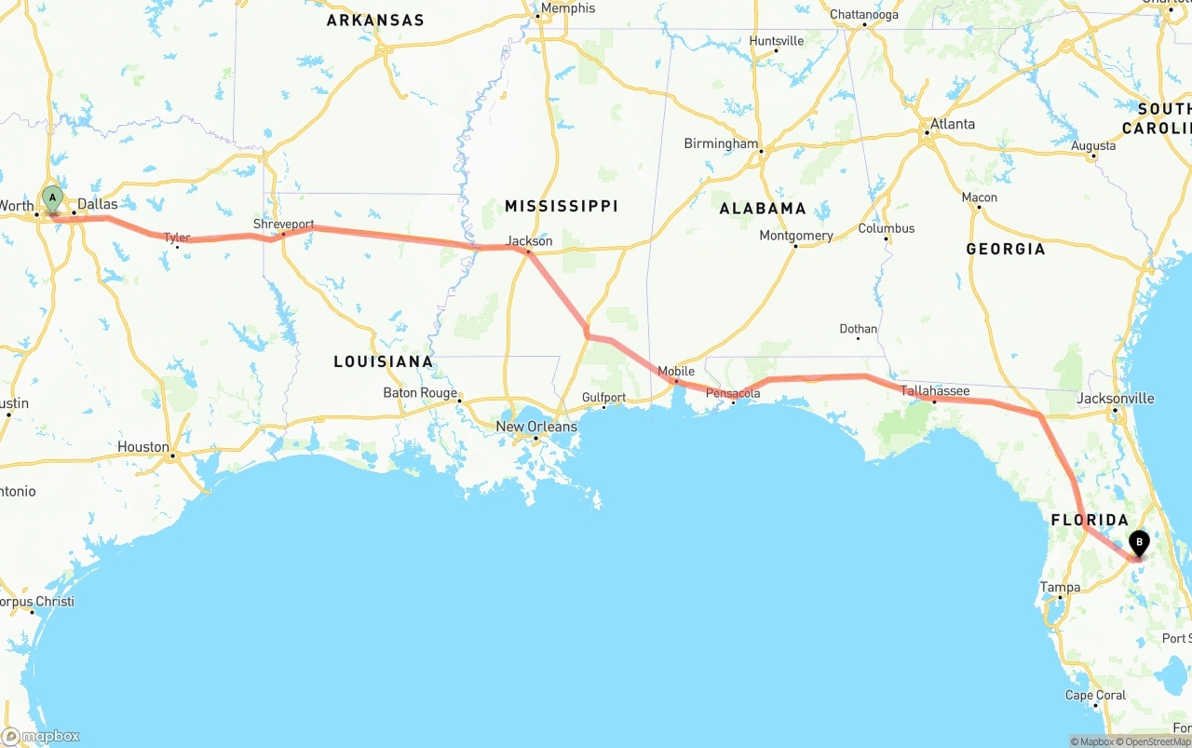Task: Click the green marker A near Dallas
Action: click(x=53, y=197)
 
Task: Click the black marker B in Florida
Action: click(x=1138, y=541)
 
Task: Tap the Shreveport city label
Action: click(x=283, y=224)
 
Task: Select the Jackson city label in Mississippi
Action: click(x=529, y=241)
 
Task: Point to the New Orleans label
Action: click(x=536, y=427)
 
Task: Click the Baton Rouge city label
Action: click(x=420, y=393)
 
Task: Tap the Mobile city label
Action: click(x=676, y=371)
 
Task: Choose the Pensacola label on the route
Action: click(x=733, y=393)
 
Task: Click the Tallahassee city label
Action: click(x=935, y=391)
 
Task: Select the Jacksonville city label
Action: click(x=1115, y=399)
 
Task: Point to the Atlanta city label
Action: click(x=953, y=124)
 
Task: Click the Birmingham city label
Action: click(x=721, y=143)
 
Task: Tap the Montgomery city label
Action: click(x=796, y=236)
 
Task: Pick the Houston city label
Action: click(x=143, y=447)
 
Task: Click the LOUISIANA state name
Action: click(x=384, y=361)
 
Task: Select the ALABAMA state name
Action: click(x=763, y=209)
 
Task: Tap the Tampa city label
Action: click(x=1060, y=587)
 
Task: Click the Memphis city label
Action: click(x=567, y=8)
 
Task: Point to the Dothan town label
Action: click(x=858, y=329)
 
